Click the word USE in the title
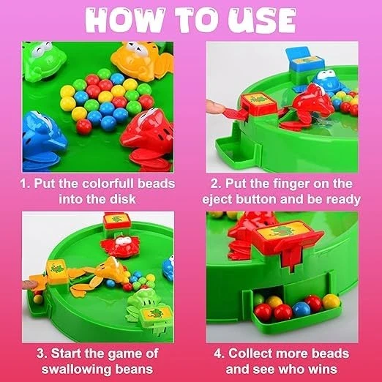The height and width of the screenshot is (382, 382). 262,20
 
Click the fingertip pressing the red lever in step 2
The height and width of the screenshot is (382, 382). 211,108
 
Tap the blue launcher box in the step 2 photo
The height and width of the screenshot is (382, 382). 304,62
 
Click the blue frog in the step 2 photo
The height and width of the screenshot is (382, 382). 328,81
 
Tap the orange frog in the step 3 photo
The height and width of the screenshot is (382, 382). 102,273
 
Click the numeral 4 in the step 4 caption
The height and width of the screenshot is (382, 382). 217,353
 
